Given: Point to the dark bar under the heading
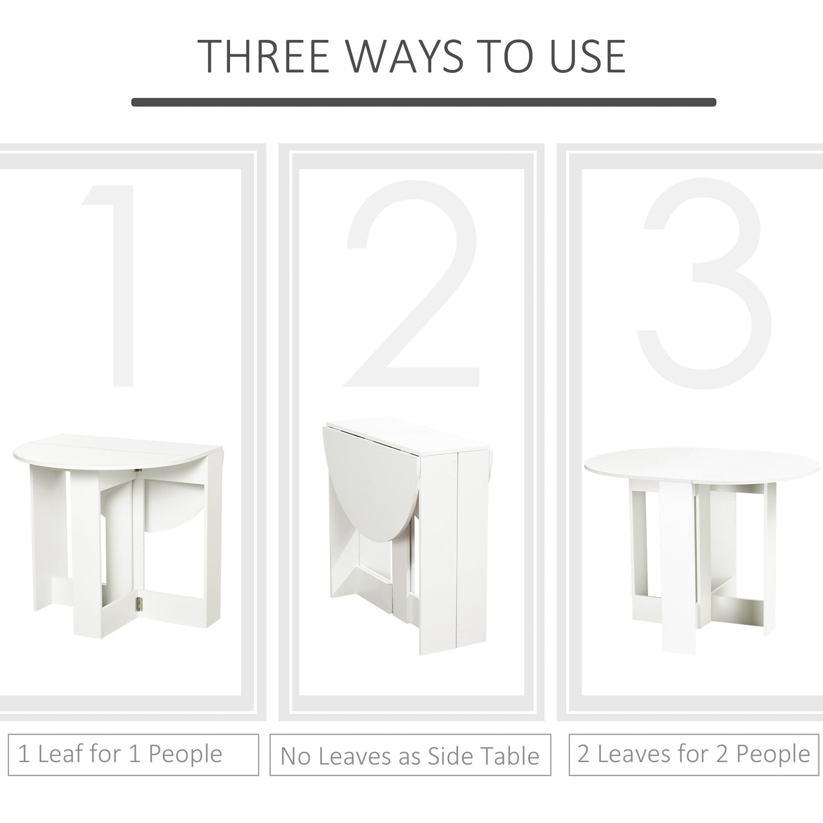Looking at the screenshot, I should click(423, 103).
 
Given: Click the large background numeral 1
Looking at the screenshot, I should click(114, 285).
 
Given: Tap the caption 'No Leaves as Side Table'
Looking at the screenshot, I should click(410, 755).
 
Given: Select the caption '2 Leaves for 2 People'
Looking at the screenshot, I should click(693, 754).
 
